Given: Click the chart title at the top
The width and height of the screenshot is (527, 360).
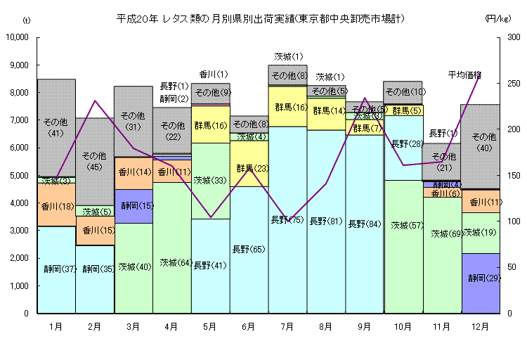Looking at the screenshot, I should pos(260,19).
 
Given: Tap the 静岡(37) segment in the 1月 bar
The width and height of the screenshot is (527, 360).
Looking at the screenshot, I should pos(56,269).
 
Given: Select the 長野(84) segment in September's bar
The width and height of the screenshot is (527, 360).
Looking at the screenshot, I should pos(365,224).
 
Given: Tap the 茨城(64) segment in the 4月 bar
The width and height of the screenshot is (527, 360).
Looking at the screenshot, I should pos(171,262).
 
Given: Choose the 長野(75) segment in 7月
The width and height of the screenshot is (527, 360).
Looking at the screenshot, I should pos(287,220).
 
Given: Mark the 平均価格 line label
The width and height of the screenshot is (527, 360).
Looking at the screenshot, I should pos(464,75).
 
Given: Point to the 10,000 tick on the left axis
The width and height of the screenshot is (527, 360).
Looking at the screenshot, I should pos(18,37).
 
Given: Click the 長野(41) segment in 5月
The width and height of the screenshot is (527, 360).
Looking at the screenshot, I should pos(210,265).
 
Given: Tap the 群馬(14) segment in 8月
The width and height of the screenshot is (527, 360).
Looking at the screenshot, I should pos(326,111).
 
